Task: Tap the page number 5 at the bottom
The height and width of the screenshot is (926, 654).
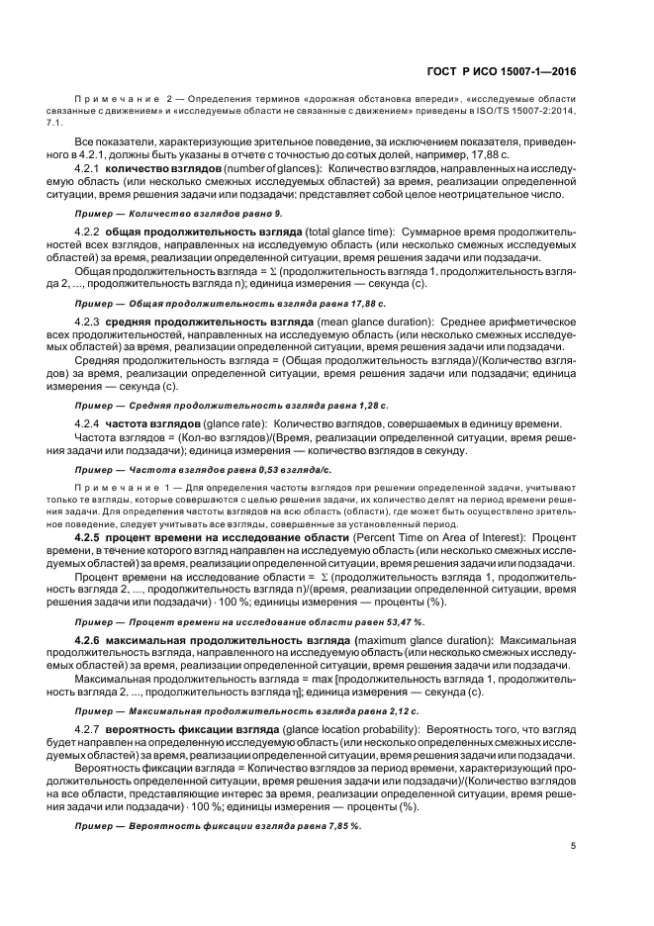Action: coord(574,845)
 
